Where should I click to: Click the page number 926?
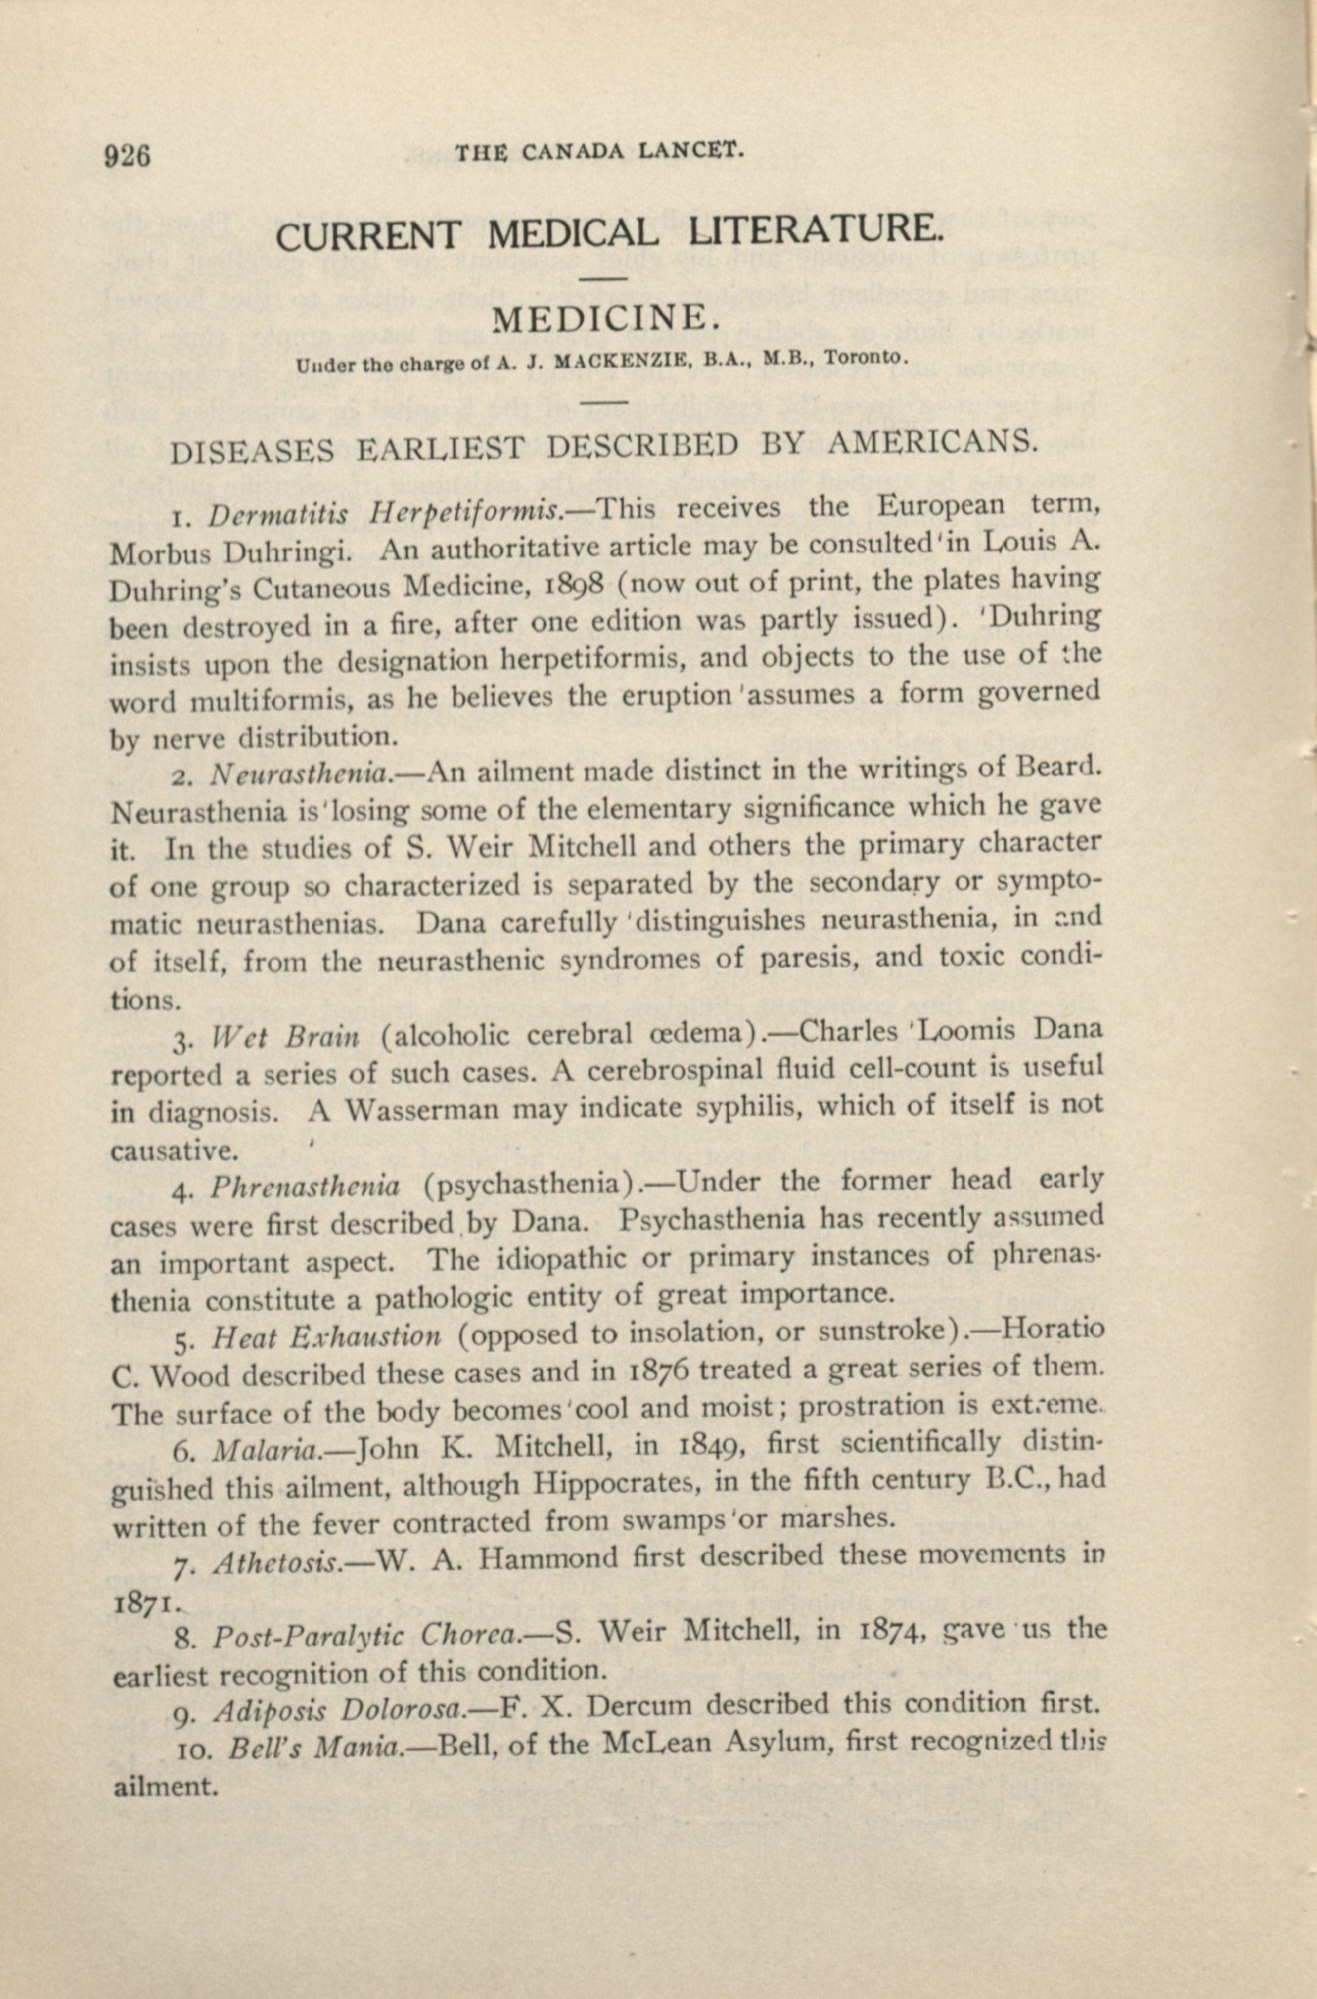coord(127,156)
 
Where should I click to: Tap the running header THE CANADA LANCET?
coord(599,151)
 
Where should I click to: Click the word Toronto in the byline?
coord(862,357)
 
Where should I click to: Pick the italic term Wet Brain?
coord(285,1037)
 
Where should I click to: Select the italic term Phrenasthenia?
coord(304,1186)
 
